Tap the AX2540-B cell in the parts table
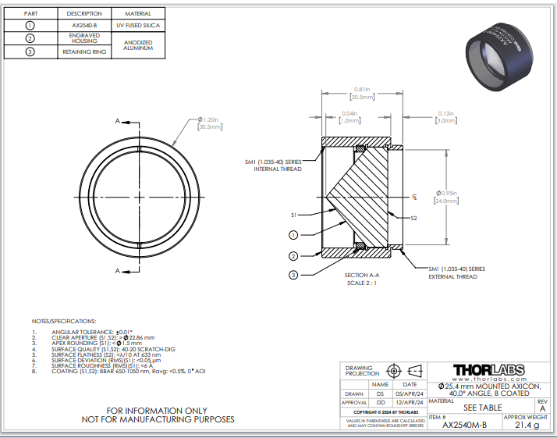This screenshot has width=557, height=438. coord(84,26)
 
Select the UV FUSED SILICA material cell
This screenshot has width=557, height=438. coord(138,26)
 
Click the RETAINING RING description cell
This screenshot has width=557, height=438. coord(84,52)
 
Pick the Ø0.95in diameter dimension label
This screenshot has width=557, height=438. coord(447,193)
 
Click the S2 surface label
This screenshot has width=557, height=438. coord(414,219)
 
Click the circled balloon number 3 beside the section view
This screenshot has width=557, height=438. coord(293,275)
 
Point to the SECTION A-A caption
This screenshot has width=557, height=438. coord(361,276)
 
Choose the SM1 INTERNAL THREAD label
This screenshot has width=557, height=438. coord(272,166)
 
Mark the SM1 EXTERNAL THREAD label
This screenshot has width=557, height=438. coord(456,272)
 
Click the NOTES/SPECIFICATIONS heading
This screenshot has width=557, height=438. coord(64,321)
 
